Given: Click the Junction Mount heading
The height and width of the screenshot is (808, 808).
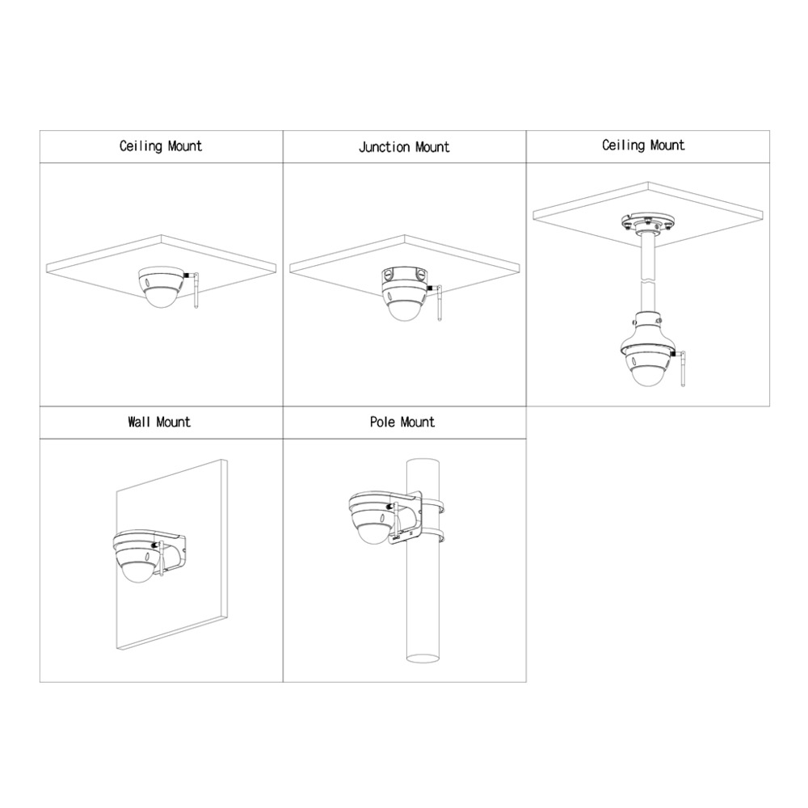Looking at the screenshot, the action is [x=404, y=147].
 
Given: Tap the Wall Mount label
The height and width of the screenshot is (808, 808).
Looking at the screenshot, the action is [x=159, y=423].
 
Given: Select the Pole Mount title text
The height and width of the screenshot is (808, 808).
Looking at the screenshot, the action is [x=402, y=423].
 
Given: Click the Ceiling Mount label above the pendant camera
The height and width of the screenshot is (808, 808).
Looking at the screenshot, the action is [x=644, y=145].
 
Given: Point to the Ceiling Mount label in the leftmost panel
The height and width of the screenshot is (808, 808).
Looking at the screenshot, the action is [x=161, y=146].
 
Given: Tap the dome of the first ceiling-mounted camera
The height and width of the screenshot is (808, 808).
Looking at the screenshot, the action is [x=160, y=296].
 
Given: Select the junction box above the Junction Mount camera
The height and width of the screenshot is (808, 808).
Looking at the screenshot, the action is [x=405, y=276].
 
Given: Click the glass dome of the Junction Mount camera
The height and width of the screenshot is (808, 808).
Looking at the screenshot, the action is [x=405, y=308].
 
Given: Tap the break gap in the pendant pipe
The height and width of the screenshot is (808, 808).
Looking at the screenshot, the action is [x=648, y=282].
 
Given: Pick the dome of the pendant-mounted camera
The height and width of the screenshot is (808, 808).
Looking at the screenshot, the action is [x=647, y=375].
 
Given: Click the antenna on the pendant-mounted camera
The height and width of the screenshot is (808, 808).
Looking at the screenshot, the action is [x=682, y=368].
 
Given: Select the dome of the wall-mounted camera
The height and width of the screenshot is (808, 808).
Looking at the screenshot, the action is [x=138, y=570].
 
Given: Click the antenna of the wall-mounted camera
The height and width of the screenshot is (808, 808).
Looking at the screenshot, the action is [x=160, y=558].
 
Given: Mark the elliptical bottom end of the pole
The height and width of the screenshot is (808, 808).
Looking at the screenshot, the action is [x=423, y=657].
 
